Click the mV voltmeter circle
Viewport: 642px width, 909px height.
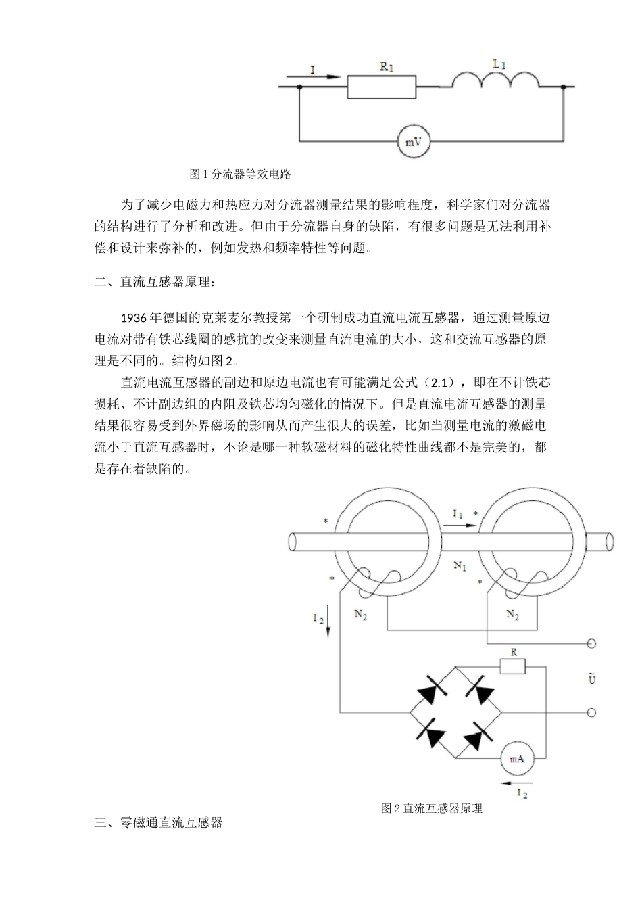[413, 141]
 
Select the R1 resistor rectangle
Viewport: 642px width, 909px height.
[381, 87]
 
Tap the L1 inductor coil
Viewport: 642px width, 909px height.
[495, 80]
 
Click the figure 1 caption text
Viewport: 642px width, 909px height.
[241, 174]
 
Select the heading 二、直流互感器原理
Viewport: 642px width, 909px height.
[157, 282]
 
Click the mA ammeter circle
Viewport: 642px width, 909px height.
[517, 759]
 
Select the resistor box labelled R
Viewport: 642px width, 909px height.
[513, 667]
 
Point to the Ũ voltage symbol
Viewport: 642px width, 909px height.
[593, 678]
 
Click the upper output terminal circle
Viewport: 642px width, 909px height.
[591, 644]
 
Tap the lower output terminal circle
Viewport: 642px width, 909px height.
[591, 712]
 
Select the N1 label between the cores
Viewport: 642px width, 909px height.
[460, 565]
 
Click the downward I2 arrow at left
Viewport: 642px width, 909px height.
[328, 618]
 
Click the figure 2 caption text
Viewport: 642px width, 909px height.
[432, 808]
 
